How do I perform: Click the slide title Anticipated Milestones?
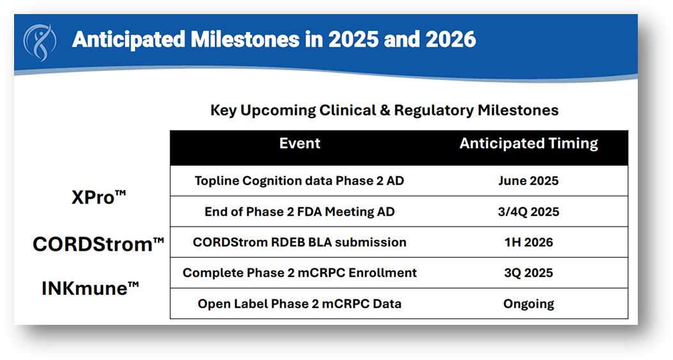274,40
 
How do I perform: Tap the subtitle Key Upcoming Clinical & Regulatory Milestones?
384,111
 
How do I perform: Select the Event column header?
299,144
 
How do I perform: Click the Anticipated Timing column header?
528,144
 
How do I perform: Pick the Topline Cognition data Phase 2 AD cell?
299,181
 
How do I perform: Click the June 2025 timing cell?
528,181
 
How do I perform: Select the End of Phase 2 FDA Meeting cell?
299,212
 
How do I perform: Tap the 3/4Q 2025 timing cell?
528,212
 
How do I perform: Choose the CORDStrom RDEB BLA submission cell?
299,242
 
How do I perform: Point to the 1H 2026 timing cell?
528,242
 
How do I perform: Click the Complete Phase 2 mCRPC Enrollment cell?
299,273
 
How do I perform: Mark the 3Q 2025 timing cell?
528,273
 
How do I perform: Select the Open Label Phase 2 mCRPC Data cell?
299,304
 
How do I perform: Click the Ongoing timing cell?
528,304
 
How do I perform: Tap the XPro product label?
99,198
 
